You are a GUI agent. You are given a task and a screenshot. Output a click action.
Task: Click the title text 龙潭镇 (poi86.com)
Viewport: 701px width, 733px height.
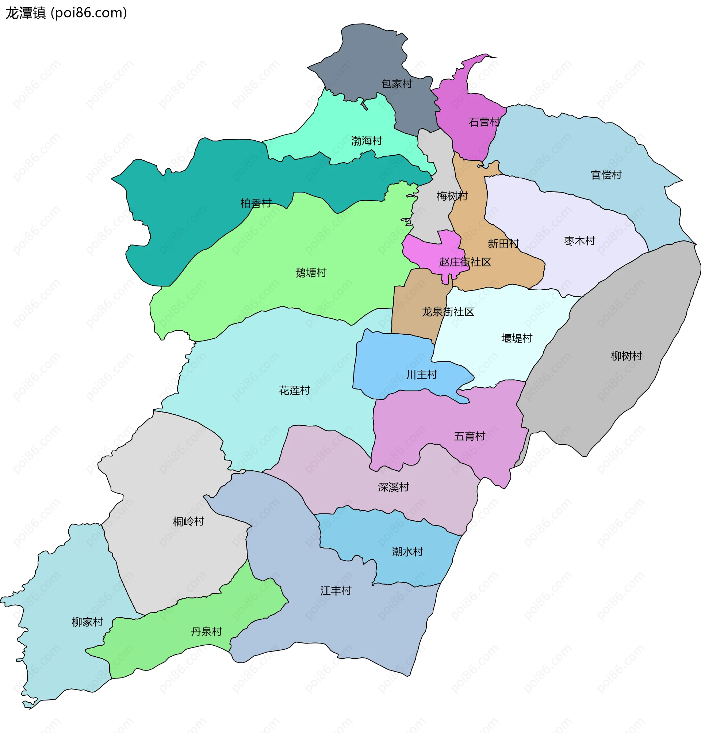coord(66,13)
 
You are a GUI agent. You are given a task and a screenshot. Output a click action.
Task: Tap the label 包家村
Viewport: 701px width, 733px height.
coord(397,84)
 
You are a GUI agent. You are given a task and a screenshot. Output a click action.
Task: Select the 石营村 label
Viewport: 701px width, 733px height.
coord(484,122)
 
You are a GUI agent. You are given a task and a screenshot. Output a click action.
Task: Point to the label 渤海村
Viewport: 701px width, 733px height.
coord(367,141)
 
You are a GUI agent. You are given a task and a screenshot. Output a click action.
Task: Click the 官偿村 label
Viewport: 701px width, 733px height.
coord(606,175)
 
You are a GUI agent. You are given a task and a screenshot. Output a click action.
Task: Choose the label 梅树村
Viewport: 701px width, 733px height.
coord(452,196)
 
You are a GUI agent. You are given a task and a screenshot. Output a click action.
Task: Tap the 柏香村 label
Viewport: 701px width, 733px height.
coord(256,204)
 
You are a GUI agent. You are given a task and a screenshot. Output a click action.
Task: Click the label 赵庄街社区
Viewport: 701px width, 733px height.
coord(465,262)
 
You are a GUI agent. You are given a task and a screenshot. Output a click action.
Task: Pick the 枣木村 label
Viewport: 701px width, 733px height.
coord(579,241)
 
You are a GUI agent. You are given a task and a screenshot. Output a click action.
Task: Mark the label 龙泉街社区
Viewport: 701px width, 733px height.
coord(448,312)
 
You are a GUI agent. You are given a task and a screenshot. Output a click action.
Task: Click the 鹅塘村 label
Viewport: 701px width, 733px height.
coord(311,273)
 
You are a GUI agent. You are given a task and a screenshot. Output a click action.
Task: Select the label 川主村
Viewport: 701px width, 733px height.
coord(421,375)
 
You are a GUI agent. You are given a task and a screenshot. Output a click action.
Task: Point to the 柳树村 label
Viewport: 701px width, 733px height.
coord(627,356)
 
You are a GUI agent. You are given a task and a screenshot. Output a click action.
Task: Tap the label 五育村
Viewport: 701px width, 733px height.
coord(469,436)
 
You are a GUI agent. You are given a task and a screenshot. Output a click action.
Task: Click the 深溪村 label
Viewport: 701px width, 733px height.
coord(394,487)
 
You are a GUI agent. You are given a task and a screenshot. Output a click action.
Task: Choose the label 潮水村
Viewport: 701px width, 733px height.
coord(407,552)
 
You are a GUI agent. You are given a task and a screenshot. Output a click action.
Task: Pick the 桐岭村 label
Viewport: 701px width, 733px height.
coord(188,522)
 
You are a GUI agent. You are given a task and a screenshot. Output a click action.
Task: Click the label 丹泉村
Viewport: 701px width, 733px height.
coord(206,632)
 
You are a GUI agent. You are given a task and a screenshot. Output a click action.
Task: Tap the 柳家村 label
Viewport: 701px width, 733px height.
coord(87,622)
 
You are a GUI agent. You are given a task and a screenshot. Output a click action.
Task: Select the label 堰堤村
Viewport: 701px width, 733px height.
coord(517,338)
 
